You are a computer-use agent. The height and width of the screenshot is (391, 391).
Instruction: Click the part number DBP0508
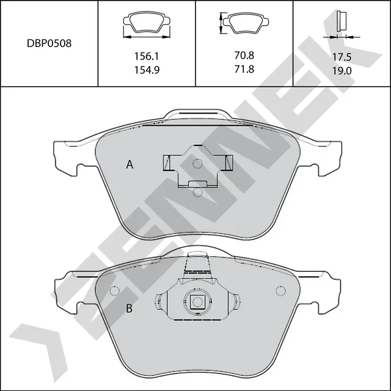(49, 44)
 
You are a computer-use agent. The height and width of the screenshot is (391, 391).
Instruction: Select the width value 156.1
(147, 56)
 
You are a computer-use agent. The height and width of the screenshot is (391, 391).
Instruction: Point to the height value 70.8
(244, 55)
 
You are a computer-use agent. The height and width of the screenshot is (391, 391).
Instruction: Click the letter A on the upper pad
(130, 164)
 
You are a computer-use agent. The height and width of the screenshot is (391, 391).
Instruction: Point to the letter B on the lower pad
(130, 309)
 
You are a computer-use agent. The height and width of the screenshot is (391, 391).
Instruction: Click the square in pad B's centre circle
(196, 301)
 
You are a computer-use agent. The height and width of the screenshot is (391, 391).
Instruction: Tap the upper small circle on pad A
(197, 164)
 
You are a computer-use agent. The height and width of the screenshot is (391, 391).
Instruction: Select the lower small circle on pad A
(197, 192)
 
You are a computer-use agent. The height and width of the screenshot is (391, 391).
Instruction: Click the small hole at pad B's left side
(112, 291)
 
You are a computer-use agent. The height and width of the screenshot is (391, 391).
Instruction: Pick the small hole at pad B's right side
(281, 291)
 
